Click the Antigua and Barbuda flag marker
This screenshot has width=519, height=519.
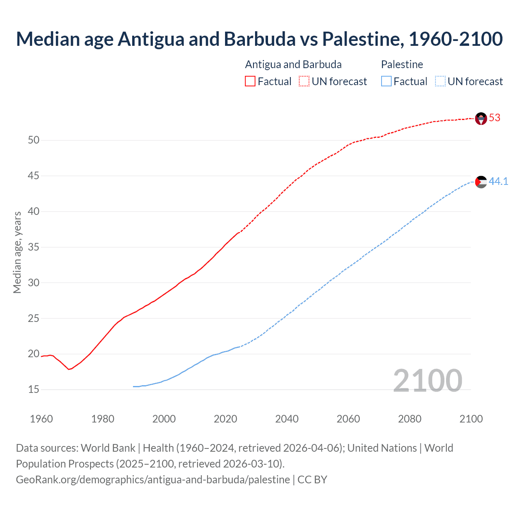tap(481, 118)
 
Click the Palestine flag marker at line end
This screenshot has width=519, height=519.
tap(481, 182)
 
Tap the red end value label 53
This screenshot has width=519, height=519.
tap(495, 118)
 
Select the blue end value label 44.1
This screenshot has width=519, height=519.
tap(498, 181)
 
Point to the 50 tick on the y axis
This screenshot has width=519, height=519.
tap(34, 140)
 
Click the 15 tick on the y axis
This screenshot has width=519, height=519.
tap(34, 390)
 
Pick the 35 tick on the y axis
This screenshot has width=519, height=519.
tap(34, 247)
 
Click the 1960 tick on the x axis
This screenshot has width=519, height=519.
tap(41, 419)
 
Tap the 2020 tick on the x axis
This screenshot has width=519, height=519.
tap(225, 419)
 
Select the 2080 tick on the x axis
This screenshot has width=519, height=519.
tap(410, 419)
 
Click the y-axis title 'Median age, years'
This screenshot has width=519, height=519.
tap(17, 252)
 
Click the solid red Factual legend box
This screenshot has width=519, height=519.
tap(250, 81)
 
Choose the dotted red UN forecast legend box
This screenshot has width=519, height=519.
tap(304, 81)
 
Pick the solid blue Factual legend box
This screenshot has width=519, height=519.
tap(386, 81)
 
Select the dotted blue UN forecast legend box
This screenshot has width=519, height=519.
tap(440, 81)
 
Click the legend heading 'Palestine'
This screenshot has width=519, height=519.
tap(402, 64)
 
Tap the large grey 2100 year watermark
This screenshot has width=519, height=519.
tap(427, 380)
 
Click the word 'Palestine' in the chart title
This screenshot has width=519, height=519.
tap(362, 39)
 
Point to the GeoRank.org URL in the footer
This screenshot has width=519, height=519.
tap(153, 480)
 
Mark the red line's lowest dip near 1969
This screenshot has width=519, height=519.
tap(69, 369)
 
